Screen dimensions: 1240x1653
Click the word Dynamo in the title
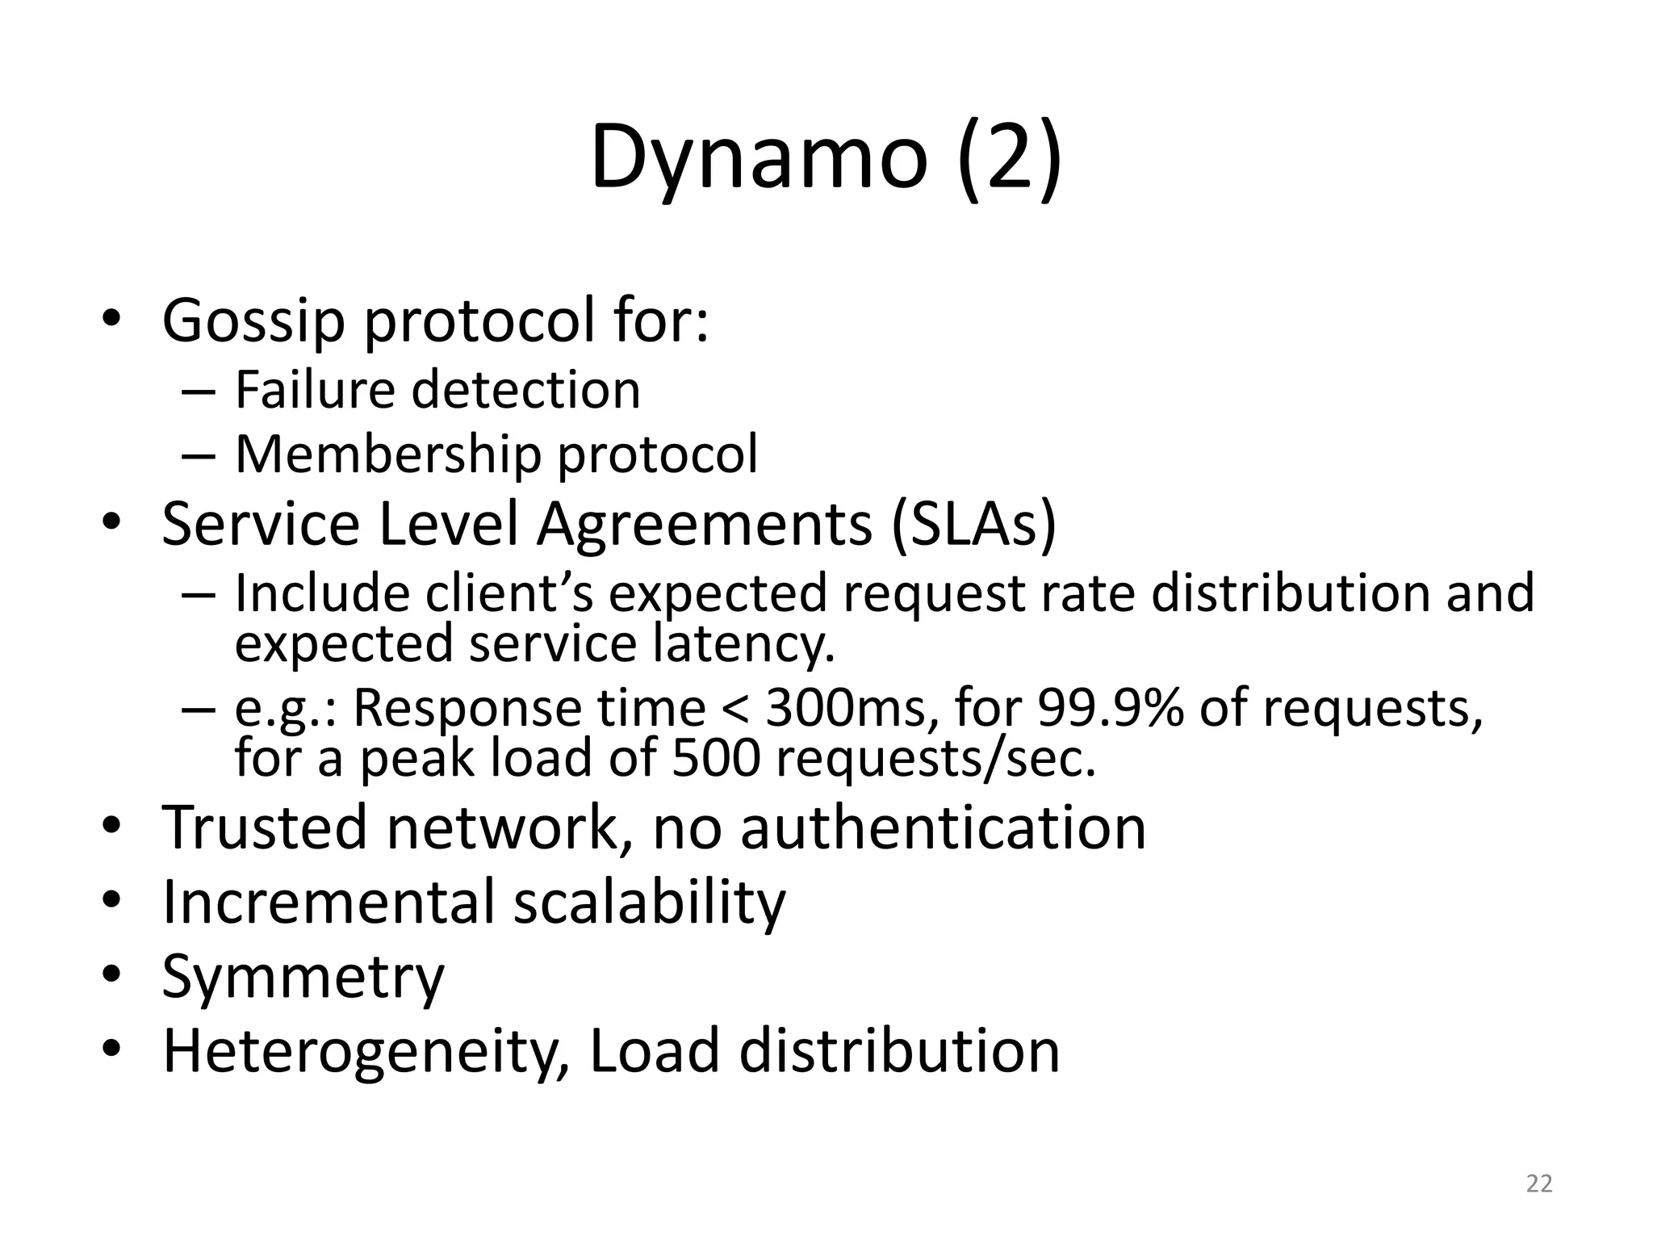coord(759,157)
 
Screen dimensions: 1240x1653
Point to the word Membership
coord(387,455)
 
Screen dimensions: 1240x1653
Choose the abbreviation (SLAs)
coord(974,524)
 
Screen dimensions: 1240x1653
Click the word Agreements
coord(705,526)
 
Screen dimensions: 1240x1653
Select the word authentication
coord(943,828)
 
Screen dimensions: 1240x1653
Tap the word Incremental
coord(329,902)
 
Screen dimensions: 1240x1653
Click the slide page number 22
coord(1539,1183)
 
